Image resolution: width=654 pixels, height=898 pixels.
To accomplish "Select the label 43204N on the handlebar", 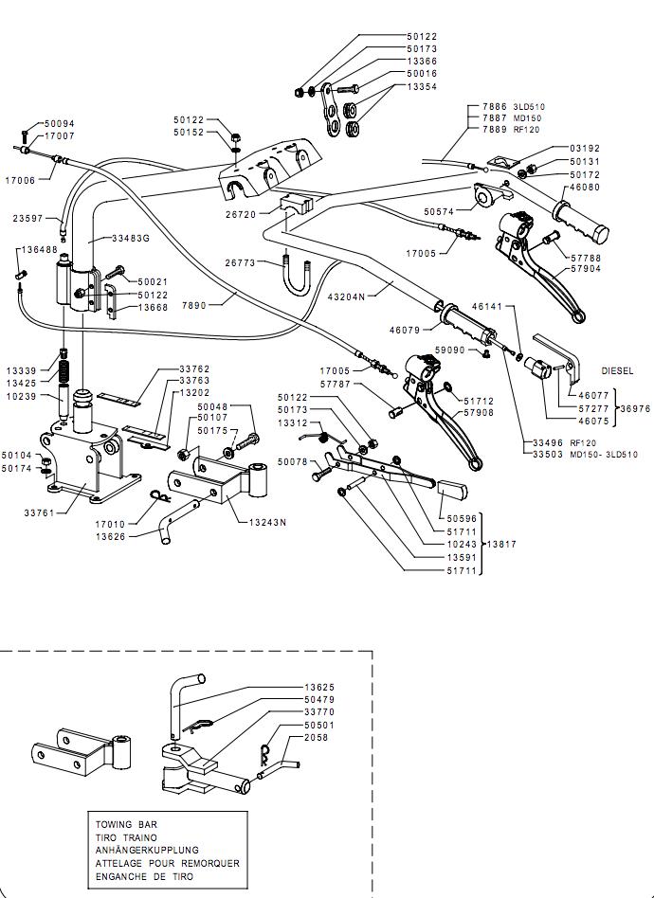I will [x=344, y=296].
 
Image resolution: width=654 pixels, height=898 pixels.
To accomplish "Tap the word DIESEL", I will [x=617, y=371].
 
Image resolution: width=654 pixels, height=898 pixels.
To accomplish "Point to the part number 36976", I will [x=633, y=408].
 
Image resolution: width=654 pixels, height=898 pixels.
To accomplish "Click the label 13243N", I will [x=267, y=522].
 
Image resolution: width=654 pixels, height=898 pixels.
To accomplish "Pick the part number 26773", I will [x=241, y=262].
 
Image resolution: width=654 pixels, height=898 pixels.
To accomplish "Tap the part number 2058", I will [x=316, y=737].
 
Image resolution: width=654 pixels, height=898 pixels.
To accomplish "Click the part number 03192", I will [x=585, y=149].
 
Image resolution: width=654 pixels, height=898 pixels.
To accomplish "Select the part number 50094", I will [x=59, y=124].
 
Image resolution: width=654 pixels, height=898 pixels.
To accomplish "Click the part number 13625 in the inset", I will [x=319, y=687].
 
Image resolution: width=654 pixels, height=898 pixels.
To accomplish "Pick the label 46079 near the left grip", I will [x=406, y=330].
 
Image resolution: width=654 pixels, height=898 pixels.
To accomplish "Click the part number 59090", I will [x=451, y=350].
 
